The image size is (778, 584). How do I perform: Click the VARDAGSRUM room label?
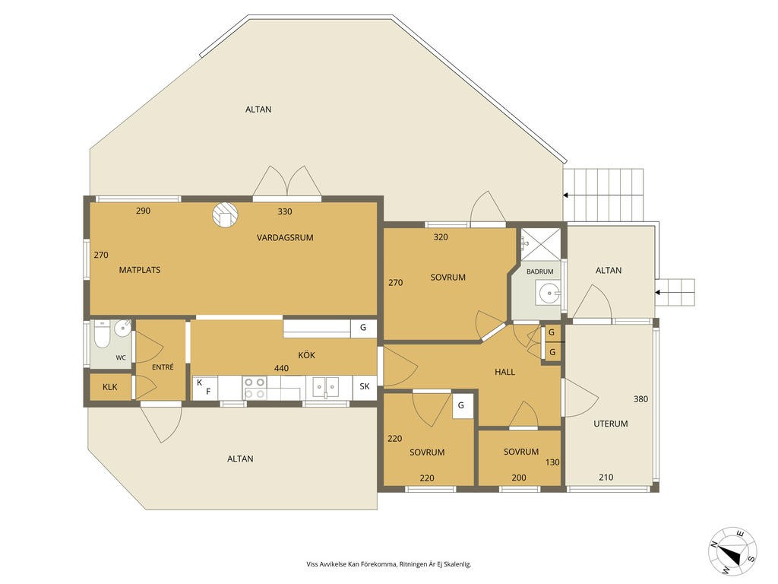(x=285, y=237)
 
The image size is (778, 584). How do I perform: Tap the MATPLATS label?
(x=140, y=270)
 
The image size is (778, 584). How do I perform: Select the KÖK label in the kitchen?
(x=307, y=355)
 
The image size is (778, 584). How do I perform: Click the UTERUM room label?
(x=611, y=424)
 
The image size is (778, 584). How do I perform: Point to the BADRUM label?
(x=540, y=271)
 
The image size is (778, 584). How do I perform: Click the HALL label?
(x=504, y=372)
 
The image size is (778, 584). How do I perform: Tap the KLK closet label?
(x=110, y=387)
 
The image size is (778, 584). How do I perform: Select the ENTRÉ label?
(x=163, y=367)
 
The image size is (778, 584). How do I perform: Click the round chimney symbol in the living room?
(x=225, y=214)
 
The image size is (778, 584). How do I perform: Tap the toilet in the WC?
(x=102, y=335)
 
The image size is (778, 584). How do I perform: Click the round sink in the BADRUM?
(x=549, y=293)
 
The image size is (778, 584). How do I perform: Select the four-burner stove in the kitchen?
(x=255, y=387)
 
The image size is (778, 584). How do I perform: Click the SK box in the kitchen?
(x=365, y=386)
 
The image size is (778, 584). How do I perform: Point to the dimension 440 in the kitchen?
(x=281, y=369)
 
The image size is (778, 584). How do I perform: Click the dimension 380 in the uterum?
(x=640, y=398)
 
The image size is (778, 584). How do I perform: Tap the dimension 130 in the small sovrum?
(x=552, y=462)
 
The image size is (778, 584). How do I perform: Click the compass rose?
(x=732, y=551)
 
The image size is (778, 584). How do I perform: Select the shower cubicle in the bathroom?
(x=539, y=244)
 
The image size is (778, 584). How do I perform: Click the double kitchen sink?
(x=325, y=387)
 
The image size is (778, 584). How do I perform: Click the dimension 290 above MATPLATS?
(x=143, y=211)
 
